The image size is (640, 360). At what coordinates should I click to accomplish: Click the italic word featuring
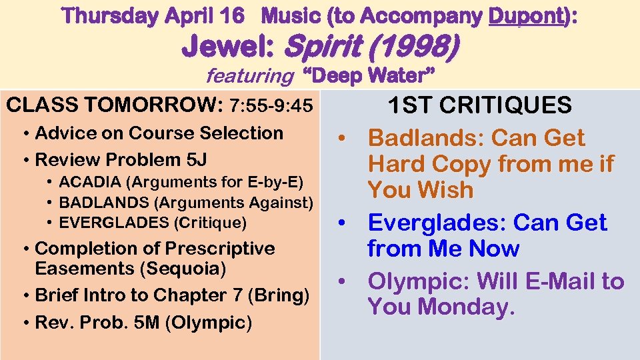coord(249,77)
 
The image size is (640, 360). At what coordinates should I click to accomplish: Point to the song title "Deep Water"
coord(364,76)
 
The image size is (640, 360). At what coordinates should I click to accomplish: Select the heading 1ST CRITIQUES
coord(479,105)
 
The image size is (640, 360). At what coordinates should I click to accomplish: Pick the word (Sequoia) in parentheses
coord(187,269)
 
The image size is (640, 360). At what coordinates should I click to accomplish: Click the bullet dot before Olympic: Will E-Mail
coord(342,283)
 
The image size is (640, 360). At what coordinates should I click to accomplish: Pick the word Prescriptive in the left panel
coord(220,249)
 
